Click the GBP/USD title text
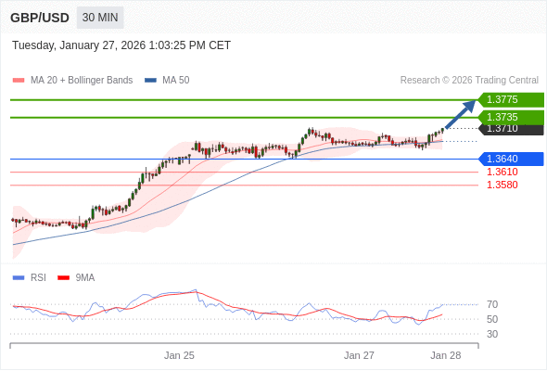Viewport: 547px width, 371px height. pyautogui.click(x=40, y=18)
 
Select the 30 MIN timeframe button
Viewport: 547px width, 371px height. pyautogui.click(x=99, y=18)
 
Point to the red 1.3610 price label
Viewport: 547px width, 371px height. pyautogui.click(x=502, y=172)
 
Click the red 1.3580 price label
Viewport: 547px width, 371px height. pyautogui.click(x=502, y=185)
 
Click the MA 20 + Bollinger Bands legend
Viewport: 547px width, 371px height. pyautogui.click(x=74, y=81)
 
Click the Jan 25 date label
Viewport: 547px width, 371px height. pyautogui.click(x=179, y=355)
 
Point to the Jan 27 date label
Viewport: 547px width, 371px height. pyautogui.click(x=359, y=355)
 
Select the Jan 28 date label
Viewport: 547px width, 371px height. pyautogui.click(x=445, y=355)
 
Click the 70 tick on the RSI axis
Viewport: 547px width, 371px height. pyautogui.click(x=492, y=304)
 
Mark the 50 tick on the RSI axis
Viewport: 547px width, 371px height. pyautogui.click(x=492, y=319)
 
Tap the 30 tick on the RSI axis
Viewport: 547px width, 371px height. pyautogui.click(x=492, y=334)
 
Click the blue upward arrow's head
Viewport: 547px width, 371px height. pyautogui.click(x=470, y=105)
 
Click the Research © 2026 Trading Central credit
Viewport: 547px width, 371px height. pyautogui.click(x=469, y=81)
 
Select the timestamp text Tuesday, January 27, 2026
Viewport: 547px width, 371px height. pyautogui.click(x=121, y=45)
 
